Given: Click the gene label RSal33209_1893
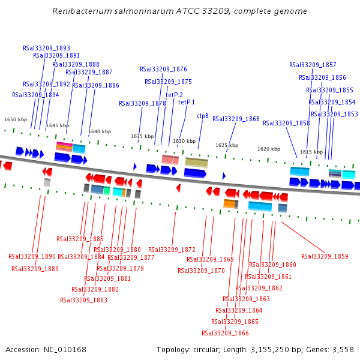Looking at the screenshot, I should pyautogui.click(x=46, y=48).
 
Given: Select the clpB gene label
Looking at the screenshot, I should pyautogui.click(x=203, y=116).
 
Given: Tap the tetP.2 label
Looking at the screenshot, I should pyautogui.click(x=174, y=95).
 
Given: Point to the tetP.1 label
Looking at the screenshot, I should pyautogui.click(x=187, y=102).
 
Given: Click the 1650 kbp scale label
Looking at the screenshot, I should pyautogui.click(x=16, y=120).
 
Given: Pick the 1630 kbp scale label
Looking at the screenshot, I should pyautogui.click(x=184, y=142).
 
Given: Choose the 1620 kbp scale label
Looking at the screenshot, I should pyautogui.click(x=269, y=149).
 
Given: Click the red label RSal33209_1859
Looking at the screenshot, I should pyautogui.click(x=325, y=256).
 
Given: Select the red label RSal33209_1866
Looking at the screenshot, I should pyautogui.click(x=225, y=333).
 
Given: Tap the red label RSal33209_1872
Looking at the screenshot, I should pyautogui.click(x=172, y=250).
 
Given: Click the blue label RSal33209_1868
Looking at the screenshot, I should pyautogui.click(x=236, y=119).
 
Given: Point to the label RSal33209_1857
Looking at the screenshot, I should pyautogui.click(x=313, y=65).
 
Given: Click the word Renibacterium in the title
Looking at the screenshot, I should pyautogui.click(x=80, y=11).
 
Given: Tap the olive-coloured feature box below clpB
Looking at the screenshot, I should pyautogui.click(x=196, y=162).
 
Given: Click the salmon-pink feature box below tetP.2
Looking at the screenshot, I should pyautogui.click(x=170, y=160).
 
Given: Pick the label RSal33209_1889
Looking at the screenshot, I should pyautogui.click(x=35, y=269).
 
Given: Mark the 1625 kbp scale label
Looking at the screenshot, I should pyautogui.click(x=227, y=145).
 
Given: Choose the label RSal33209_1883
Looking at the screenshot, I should pyautogui.click(x=83, y=300).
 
